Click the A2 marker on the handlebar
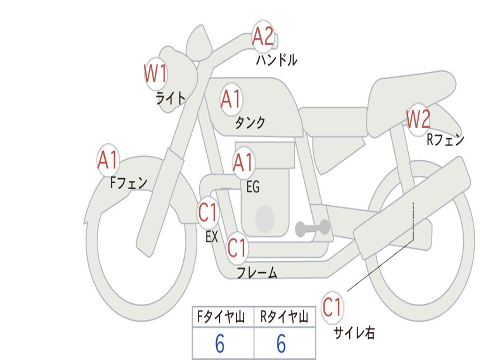[x=263, y=37]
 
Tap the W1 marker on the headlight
[x=156, y=74]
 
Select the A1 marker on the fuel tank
[x=231, y=99]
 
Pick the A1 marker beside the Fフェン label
[x=108, y=160]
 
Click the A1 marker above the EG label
[x=243, y=163]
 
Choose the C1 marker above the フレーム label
[x=237, y=247]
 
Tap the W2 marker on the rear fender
[x=418, y=120]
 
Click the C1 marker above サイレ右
[x=332, y=307]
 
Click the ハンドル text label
[x=277, y=60]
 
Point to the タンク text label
[x=250, y=123]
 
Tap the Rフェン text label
[x=446, y=140]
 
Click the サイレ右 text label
[x=354, y=332]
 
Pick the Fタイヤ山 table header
[x=221, y=317]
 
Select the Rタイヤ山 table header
[x=285, y=317]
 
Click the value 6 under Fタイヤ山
[x=220, y=344]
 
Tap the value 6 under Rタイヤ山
[x=281, y=344]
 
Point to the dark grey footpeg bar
[x=313, y=228]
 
